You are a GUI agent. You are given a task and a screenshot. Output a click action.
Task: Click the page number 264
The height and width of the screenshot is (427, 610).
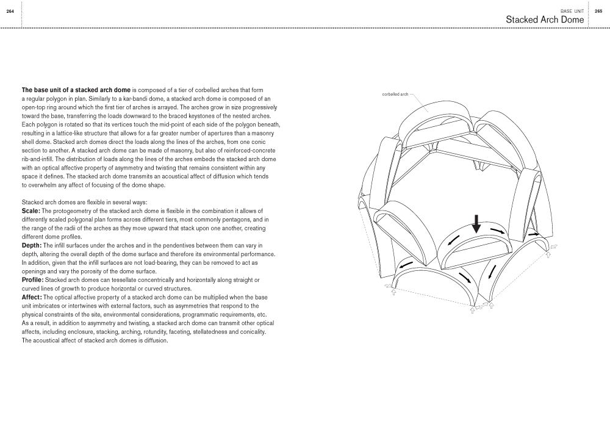(x=10, y=12)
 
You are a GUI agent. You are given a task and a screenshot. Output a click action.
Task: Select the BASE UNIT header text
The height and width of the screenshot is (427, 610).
(x=572, y=12)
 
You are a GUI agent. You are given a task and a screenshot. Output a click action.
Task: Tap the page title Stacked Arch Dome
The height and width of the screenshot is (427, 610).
(x=545, y=20)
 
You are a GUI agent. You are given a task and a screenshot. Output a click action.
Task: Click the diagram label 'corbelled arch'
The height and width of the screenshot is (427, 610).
(x=395, y=95)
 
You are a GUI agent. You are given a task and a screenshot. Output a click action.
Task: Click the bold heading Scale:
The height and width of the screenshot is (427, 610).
(x=32, y=210)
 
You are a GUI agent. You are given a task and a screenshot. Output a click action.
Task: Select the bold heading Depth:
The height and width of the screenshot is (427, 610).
(x=33, y=245)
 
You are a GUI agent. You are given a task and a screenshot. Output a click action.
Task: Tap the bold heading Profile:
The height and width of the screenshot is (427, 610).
(x=34, y=280)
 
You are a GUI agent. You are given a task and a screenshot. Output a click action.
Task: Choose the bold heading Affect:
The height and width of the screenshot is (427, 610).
(x=33, y=297)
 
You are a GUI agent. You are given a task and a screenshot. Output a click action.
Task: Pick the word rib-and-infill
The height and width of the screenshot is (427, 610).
(x=40, y=159)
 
